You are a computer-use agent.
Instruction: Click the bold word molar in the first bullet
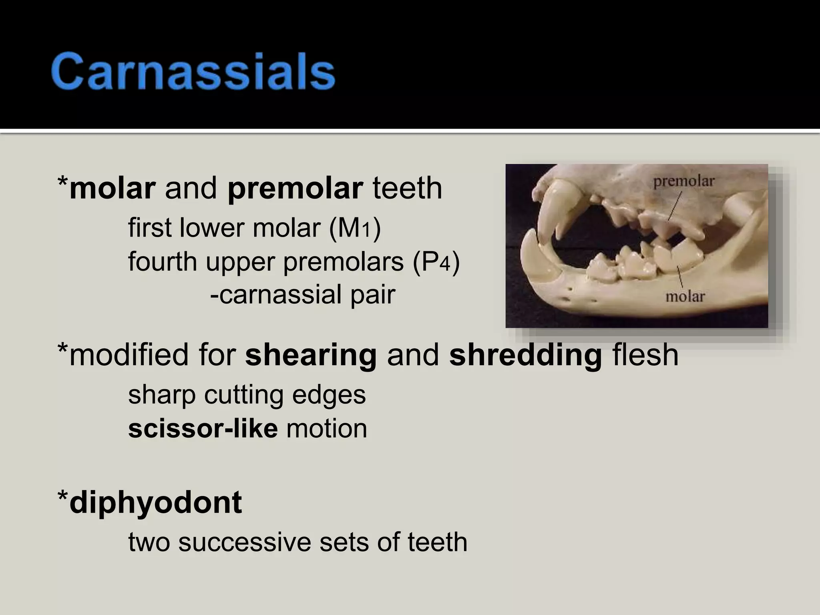click(112, 188)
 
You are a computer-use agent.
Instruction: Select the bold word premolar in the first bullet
click(295, 189)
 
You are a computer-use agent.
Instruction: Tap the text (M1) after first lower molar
click(355, 228)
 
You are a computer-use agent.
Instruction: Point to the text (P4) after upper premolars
click(436, 262)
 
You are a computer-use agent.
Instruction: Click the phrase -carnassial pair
click(303, 295)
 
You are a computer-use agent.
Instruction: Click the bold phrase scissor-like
click(203, 428)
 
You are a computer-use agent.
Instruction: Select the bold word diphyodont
click(155, 503)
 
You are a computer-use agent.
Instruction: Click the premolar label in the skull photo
click(684, 182)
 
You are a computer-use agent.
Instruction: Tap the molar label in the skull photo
click(685, 297)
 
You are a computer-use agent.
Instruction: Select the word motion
click(327, 428)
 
